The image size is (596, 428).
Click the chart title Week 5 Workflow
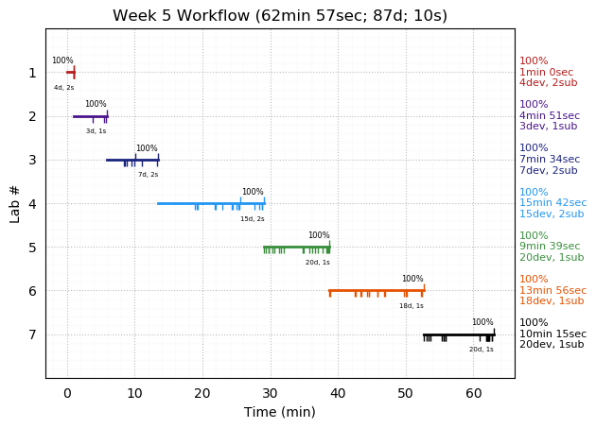pos(280,16)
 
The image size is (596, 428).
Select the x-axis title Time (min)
pos(280,412)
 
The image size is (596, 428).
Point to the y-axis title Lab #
pos(15,203)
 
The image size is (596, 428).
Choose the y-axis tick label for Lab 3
pos(32,160)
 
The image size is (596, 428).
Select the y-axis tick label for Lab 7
pos(32,334)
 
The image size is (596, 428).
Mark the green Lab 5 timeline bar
pos(296,247)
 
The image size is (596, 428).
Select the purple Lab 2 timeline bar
pos(90,116)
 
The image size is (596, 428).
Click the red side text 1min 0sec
pos(546,72)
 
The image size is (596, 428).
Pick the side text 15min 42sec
pos(552,203)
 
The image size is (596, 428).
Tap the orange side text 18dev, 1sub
pos(552,301)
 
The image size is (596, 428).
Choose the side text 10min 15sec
pos(552,334)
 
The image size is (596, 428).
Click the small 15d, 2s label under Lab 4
pos(253,219)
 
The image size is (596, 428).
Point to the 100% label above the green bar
pos(319,235)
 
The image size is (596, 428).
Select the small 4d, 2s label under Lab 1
pos(63,88)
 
